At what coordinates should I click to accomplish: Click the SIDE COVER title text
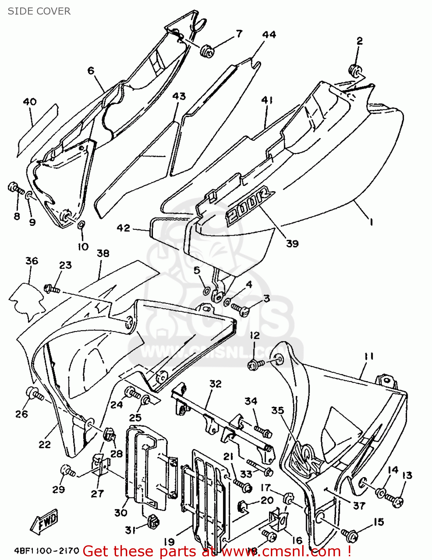[39, 11]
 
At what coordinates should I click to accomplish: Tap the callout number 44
[269, 35]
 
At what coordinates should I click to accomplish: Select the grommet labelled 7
[207, 51]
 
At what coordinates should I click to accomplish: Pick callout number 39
[292, 243]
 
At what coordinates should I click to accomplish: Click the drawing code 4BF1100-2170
[47, 551]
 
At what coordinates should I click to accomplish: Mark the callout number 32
[215, 384]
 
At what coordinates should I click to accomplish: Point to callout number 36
[32, 261]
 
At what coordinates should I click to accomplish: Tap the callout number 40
[30, 102]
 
